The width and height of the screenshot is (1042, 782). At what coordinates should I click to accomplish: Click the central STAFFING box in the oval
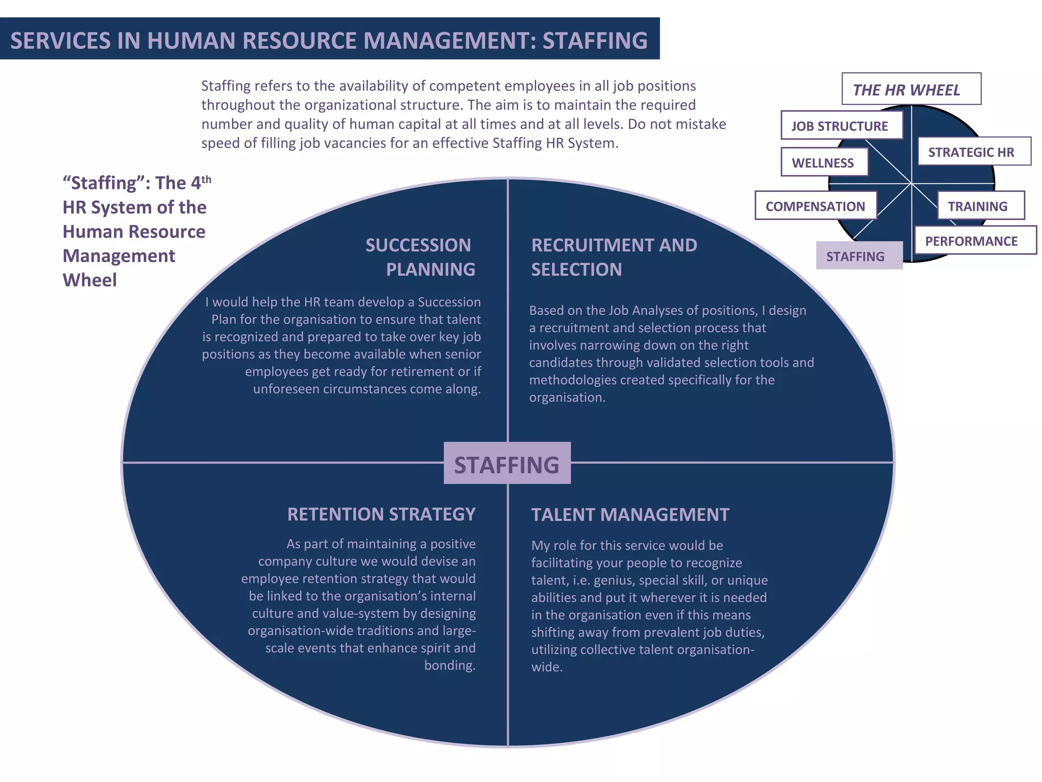point(507,463)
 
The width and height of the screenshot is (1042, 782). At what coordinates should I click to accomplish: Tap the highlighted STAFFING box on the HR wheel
point(859,256)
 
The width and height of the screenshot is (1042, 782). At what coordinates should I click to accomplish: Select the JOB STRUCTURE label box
point(841,126)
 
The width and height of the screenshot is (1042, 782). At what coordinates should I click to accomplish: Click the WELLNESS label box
point(824,162)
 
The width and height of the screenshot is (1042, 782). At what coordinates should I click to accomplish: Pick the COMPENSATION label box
point(815,206)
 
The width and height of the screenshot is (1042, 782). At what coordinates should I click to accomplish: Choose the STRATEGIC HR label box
point(973,152)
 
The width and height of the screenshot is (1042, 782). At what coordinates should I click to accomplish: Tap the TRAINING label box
point(980,206)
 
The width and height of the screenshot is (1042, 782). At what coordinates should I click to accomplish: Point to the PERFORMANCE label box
point(974,240)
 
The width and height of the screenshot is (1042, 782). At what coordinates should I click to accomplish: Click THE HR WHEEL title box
point(911,90)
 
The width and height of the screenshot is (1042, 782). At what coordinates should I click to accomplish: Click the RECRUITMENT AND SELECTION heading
point(614,257)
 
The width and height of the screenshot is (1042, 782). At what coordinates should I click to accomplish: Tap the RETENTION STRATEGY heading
point(381,514)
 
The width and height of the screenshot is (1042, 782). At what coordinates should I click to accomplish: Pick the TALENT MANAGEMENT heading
point(630,515)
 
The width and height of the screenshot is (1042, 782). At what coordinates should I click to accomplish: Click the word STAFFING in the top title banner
point(595,41)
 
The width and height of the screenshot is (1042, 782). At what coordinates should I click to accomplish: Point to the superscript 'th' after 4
point(206,179)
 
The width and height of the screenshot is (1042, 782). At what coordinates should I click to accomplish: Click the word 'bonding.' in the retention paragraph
point(450,665)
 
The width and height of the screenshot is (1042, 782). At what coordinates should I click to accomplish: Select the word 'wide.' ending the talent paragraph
point(547,667)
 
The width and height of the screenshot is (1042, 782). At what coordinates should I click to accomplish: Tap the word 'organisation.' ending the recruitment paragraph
point(567,397)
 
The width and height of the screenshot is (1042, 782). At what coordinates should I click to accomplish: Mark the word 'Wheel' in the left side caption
point(90,280)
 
